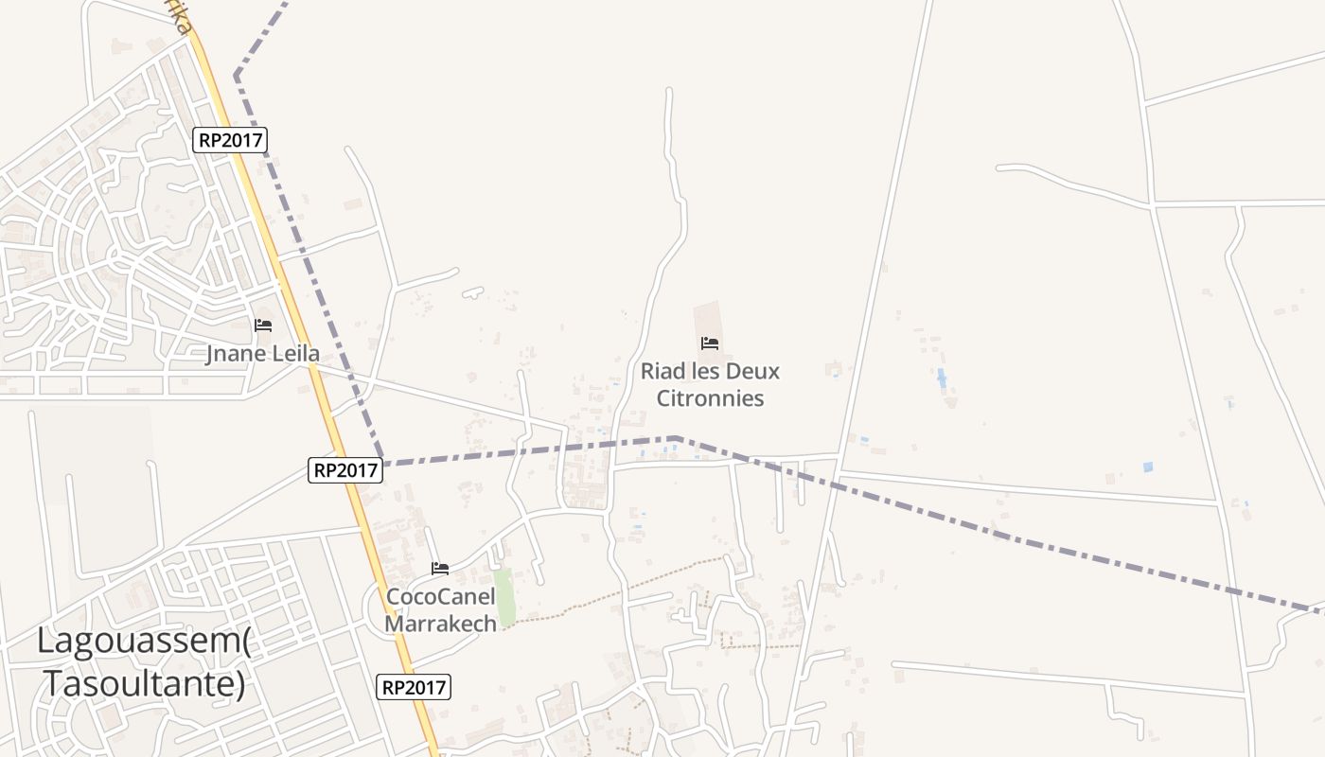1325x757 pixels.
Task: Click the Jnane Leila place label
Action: point(263,355)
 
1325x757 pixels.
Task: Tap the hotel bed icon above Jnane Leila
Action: point(263,326)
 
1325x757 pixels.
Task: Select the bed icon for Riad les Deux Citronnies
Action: point(710,343)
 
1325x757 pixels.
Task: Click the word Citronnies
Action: point(710,398)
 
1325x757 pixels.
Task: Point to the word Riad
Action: point(662,371)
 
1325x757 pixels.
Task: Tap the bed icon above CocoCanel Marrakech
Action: point(440,568)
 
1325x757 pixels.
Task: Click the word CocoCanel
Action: point(440,597)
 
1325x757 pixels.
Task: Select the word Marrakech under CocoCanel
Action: point(440,625)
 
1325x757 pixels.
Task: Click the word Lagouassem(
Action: point(144,641)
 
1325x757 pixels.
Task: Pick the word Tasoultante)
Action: point(145,682)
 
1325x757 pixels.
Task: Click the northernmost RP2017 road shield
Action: point(231,140)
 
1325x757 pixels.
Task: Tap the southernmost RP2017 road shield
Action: point(414,687)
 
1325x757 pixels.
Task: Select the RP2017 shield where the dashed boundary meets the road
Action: point(345,469)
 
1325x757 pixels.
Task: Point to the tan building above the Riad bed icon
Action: point(707,318)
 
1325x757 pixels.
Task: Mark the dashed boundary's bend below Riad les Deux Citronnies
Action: point(676,438)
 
